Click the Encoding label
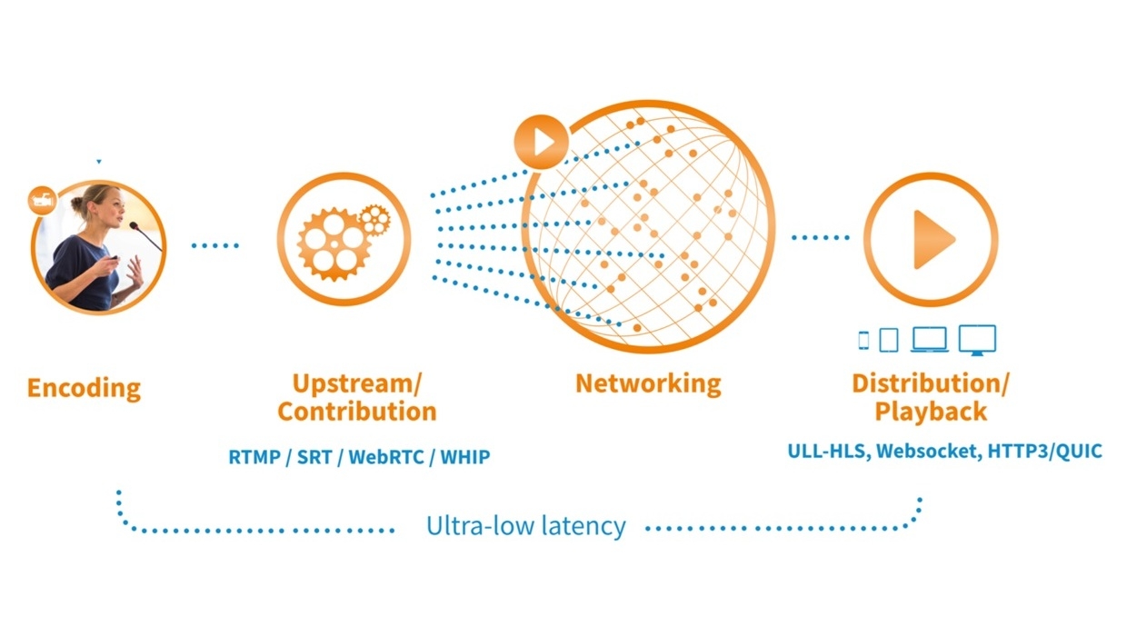84,388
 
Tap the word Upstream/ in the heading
357,383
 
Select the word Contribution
357,412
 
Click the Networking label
648,383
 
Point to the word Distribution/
930,383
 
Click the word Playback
930,412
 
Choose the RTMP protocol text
253,457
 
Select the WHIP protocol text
464,457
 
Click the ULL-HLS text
827,451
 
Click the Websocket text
926,451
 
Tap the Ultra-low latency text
526,526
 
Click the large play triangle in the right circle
933,239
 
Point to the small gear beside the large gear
374,218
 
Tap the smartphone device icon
863,340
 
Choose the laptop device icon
930,339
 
